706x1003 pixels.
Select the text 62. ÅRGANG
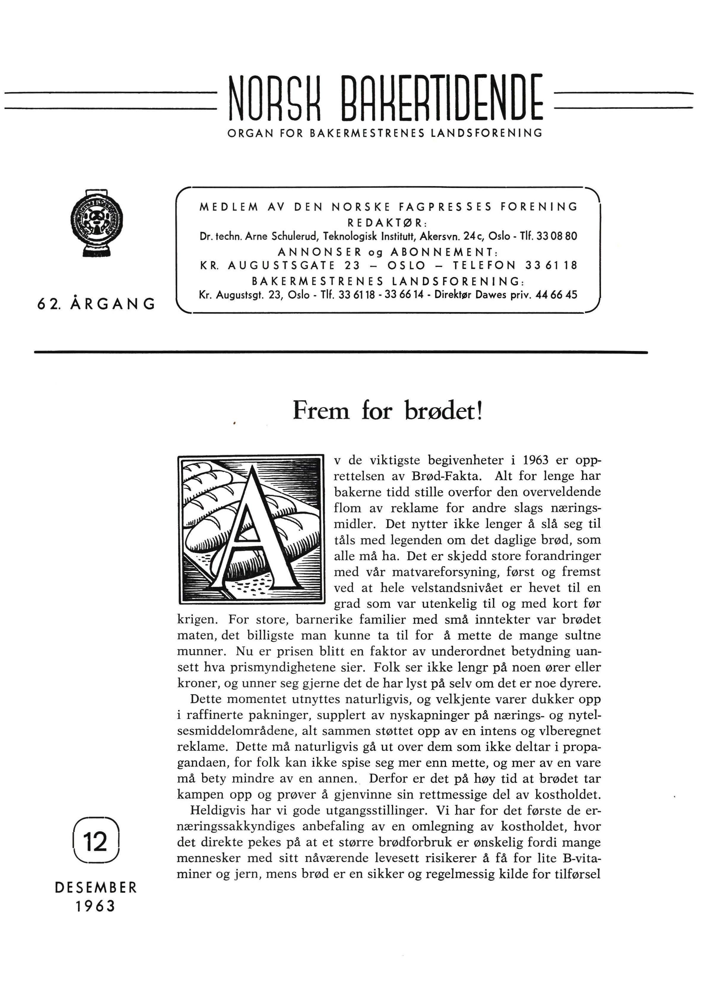tap(96, 304)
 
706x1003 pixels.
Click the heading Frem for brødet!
tap(388, 411)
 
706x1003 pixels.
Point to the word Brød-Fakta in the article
tap(440, 476)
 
